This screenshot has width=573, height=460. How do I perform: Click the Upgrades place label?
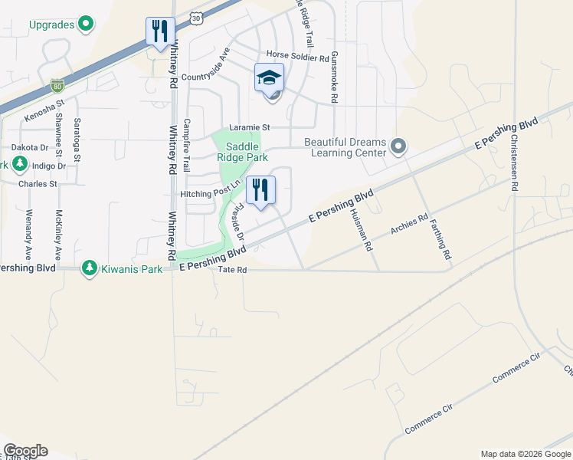[51, 25]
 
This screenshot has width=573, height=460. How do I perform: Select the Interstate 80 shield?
[57, 84]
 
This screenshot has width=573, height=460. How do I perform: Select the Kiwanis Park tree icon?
[90, 268]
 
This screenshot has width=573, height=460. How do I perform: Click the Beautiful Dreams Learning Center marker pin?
[398, 146]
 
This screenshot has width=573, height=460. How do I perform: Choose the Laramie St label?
[250, 127]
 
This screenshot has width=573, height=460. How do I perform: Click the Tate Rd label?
[231, 271]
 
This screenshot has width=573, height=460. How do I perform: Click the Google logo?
[25, 451]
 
